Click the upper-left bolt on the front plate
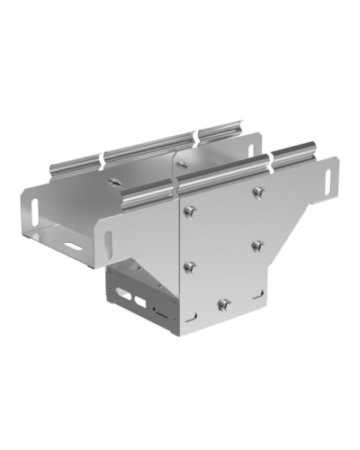(190, 211)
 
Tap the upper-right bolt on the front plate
(258, 192)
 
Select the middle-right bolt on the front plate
(257, 245)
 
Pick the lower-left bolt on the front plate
(190, 266)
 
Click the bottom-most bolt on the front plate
(225, 303)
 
